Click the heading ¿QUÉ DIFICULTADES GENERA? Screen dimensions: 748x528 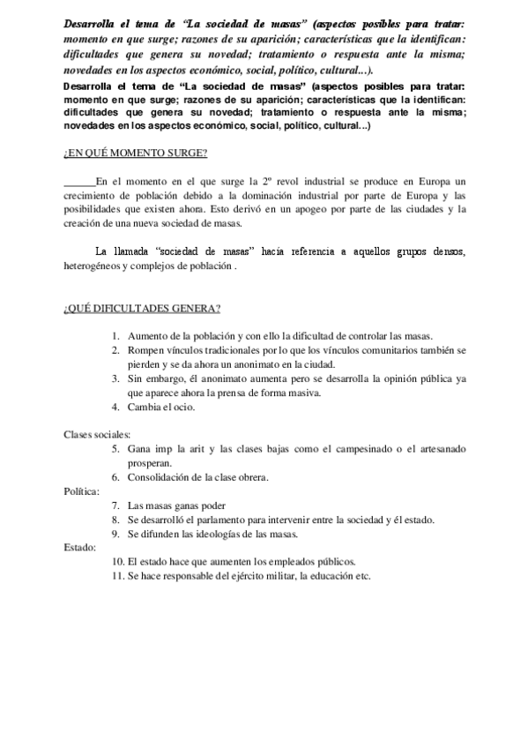point(141,308)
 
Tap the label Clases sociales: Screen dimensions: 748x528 point(97,434)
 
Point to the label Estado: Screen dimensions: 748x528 point(80,547)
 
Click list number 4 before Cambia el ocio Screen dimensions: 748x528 point(115,407)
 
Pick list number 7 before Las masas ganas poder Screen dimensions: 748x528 point(115,505)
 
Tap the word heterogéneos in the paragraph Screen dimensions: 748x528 point(92,265)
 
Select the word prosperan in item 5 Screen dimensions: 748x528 point(150,462)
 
